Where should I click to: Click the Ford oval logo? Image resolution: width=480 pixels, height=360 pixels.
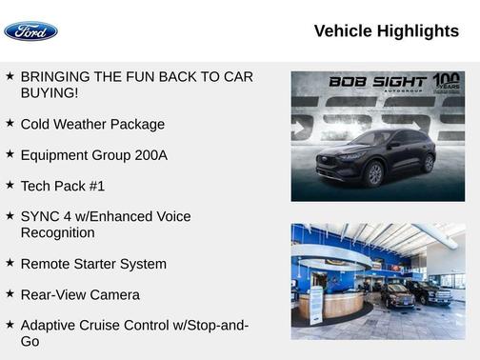tap(30, 31)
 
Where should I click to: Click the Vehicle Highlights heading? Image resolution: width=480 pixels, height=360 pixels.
tap(386, 31)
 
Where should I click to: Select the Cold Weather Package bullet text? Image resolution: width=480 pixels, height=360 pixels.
tap(92, 124)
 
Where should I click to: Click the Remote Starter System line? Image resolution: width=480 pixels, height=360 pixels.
tap(93, 264)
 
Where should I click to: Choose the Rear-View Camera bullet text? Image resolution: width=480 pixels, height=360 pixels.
tap(80, 295)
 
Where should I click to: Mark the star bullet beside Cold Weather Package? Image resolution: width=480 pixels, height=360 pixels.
tap(10, 123)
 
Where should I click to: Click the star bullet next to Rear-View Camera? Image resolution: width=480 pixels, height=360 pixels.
tap(10, 294)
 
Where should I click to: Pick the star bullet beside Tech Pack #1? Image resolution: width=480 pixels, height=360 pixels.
tap(10, 185)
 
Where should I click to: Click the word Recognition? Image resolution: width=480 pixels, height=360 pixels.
tap(57, 232)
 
